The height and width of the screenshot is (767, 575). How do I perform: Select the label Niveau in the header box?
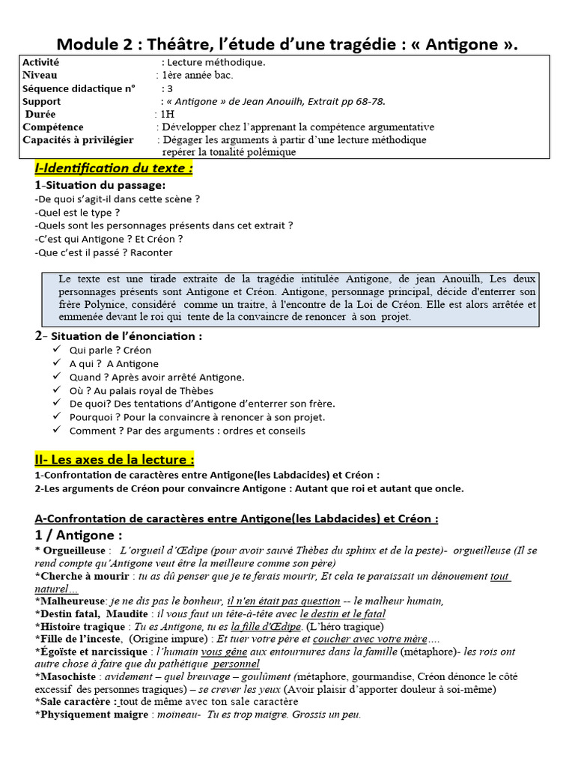[x=40, y=76]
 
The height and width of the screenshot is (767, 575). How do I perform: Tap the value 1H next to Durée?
[x=165, y=115]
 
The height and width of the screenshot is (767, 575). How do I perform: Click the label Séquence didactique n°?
[x=79, y=88]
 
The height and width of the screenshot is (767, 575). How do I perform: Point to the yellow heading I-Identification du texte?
[x=114, y=169]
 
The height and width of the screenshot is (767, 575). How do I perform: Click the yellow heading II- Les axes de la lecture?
[x=115, y=459]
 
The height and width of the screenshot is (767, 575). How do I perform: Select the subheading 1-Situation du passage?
[x=100, y=185]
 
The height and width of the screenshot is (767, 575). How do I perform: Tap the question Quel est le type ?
[x=77, y=212]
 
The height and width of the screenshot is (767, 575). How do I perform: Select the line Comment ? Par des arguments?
[x=187, y=431]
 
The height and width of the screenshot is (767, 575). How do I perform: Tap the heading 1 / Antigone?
[x=79, y=536]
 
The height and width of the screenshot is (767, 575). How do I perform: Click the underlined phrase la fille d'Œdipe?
[x=266, y=626]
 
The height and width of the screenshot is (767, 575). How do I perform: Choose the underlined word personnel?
[x=237, y=664]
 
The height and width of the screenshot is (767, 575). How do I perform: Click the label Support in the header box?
[x=42, y=102]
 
